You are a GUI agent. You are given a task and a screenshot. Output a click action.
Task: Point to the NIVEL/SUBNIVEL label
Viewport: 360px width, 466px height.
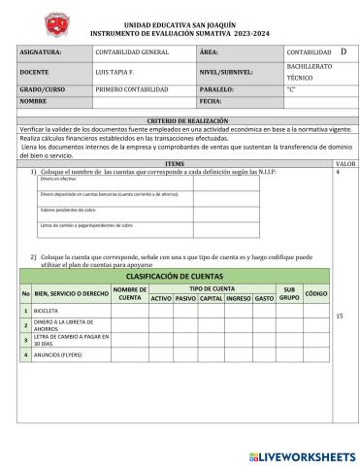click(x=224, y=72)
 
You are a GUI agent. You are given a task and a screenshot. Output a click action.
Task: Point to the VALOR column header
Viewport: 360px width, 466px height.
click(x=344, y=164)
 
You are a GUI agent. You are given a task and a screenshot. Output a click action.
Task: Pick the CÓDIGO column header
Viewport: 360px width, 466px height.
click(x=315, y=293)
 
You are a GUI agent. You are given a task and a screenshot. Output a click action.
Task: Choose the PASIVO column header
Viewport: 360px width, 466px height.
click(x=185, y=298)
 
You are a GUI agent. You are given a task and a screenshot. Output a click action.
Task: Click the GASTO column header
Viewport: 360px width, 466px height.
click(x=264, y=298)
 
